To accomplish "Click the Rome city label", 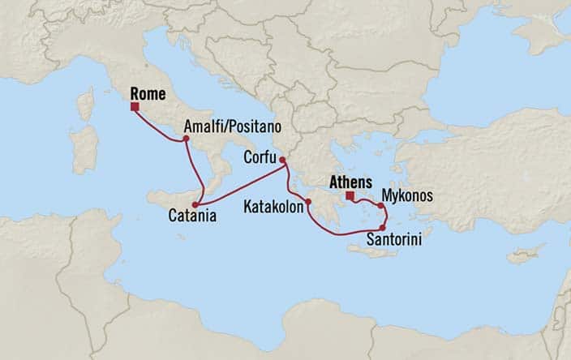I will tap(148, 94).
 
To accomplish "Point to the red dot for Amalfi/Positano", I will tap(187, 139).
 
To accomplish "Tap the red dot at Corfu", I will tap(282, 170).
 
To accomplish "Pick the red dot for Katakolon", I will tap(308, 202).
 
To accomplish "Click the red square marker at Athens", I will tap(349, 195).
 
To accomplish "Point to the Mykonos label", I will tap(407, 196).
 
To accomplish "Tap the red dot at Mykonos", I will tap(380, 206).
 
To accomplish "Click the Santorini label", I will tap(394, 241).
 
